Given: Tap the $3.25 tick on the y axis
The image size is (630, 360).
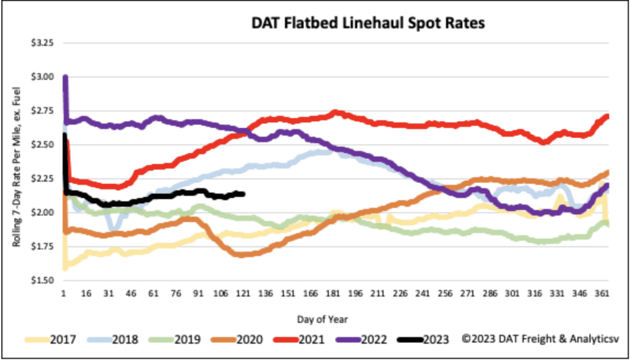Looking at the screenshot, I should (x=42, y=44).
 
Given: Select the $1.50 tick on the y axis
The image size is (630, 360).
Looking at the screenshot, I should (x=42, y=281).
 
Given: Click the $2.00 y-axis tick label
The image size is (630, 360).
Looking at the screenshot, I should (x=42, y=213).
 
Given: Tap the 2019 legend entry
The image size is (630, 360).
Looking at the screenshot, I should (x=192, y=338).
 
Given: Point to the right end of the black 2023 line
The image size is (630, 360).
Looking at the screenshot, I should (x=244, y=194).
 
